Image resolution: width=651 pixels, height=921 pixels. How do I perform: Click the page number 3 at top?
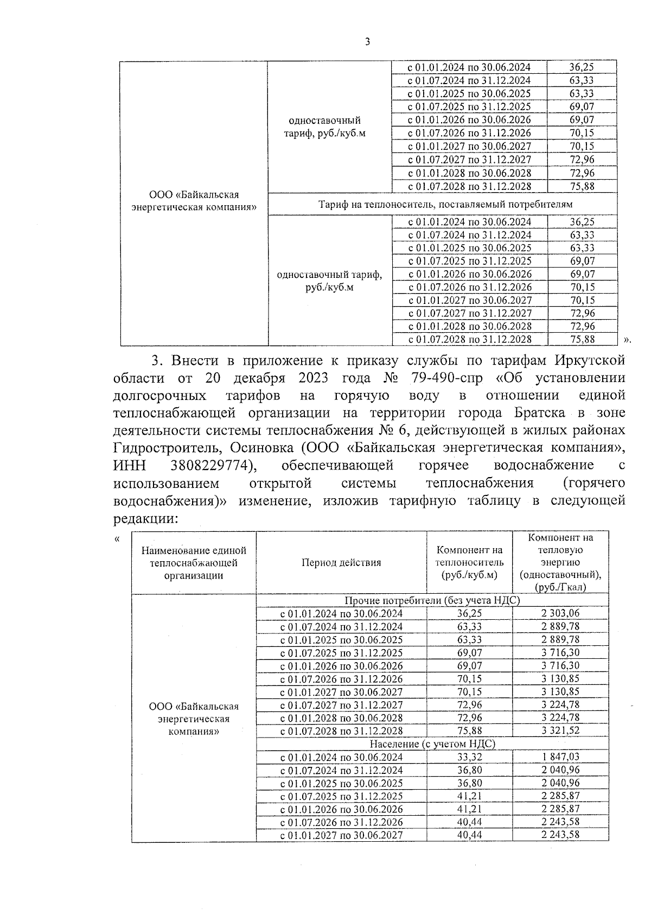(x=367, y=42)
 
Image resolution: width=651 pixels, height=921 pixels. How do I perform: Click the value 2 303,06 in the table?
(x=560, y=613)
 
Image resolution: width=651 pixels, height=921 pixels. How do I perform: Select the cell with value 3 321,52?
(x=560, y=731)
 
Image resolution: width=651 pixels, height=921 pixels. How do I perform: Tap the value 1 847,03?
(x=560, y=757)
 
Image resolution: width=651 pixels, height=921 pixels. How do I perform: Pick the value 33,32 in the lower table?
(x=469, y=757)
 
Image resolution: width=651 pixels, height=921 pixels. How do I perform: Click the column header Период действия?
(x=341, y=562)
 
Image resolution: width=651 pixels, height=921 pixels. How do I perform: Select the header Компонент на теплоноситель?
(x=469, y=562)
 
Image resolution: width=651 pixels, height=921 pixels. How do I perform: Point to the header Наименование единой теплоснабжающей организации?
(x=194, y=563)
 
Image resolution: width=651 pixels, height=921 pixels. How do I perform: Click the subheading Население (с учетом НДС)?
(x=432, y=744)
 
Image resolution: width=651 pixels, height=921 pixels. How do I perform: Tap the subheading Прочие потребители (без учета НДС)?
(x=432, y=600)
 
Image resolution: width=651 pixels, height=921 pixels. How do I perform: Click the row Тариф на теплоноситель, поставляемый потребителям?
(x=442, y=204)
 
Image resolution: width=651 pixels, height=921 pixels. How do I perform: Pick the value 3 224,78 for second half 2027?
(x=560, y=704)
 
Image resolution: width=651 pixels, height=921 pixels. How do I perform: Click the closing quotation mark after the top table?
(x=628, y=340)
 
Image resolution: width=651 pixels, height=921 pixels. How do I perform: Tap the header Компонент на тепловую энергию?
(x=560, y=562)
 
